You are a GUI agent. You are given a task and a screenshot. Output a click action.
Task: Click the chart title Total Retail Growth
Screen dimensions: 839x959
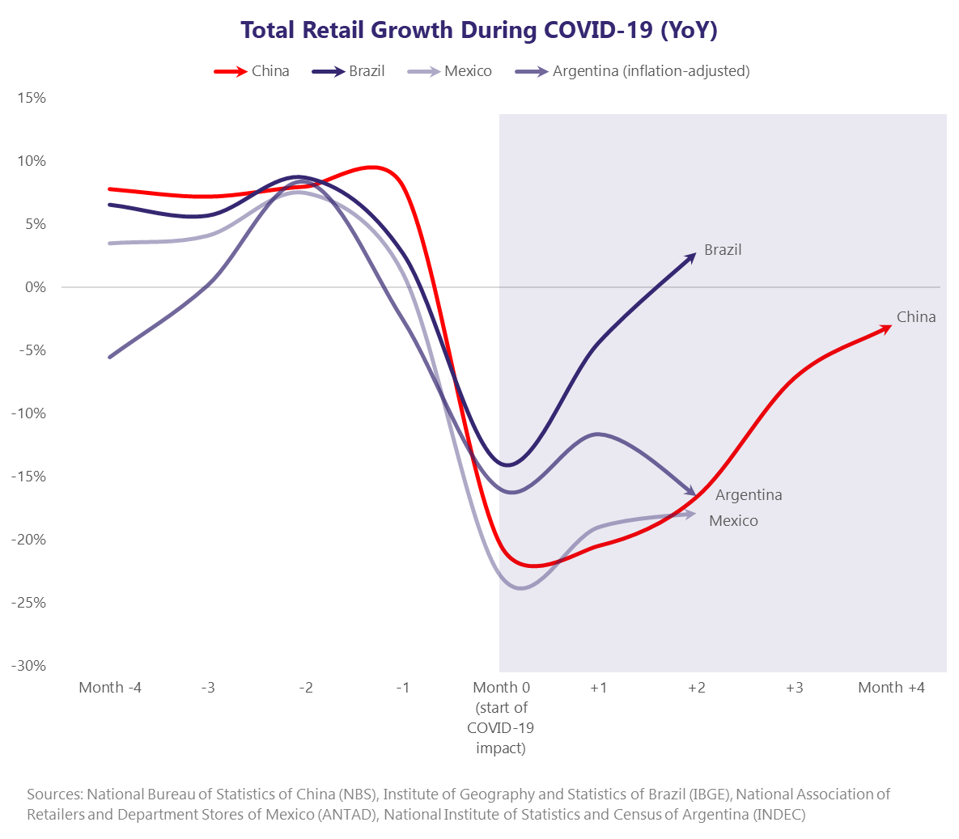click(x=479, y=30)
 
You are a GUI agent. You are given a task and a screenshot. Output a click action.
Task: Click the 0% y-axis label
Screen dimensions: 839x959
click(x=36, y=287)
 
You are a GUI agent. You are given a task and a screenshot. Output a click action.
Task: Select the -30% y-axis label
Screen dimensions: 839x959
click(x=28, y=666)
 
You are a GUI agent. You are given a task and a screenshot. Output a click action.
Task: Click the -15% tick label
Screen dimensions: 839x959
click(x=28, y=477)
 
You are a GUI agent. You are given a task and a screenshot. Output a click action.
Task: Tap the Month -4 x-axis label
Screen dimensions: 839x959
click(x=110, y=688)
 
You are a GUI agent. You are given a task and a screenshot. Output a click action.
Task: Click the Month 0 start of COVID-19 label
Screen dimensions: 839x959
click(x=501, y=717)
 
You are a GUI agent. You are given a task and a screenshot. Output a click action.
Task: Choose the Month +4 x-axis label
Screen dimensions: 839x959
click(x=891, y=688)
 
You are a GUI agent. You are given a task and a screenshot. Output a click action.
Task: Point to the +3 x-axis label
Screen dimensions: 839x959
click(x=794, y=688)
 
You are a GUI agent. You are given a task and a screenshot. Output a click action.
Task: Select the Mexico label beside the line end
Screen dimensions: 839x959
click(x=733, y=521)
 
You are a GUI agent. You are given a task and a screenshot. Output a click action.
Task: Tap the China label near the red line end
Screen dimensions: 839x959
click(x=916, y=317)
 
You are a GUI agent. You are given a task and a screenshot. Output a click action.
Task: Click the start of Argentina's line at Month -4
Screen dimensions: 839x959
click(x=110, y=357)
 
